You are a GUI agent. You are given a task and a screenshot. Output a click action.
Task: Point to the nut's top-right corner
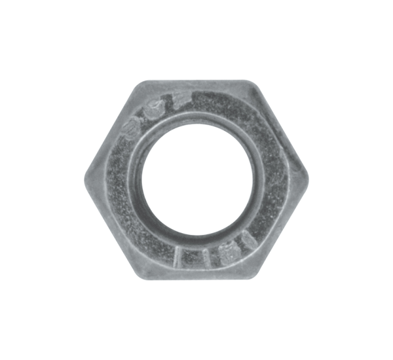pos(252,82)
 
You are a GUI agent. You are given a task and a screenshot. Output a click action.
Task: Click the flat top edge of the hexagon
pos(196,81)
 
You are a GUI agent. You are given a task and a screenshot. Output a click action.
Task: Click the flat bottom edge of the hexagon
pos(196,278)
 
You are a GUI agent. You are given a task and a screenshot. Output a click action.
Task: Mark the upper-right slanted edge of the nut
pos(281,129)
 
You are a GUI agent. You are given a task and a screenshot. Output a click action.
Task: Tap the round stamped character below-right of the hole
pos(227,250)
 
